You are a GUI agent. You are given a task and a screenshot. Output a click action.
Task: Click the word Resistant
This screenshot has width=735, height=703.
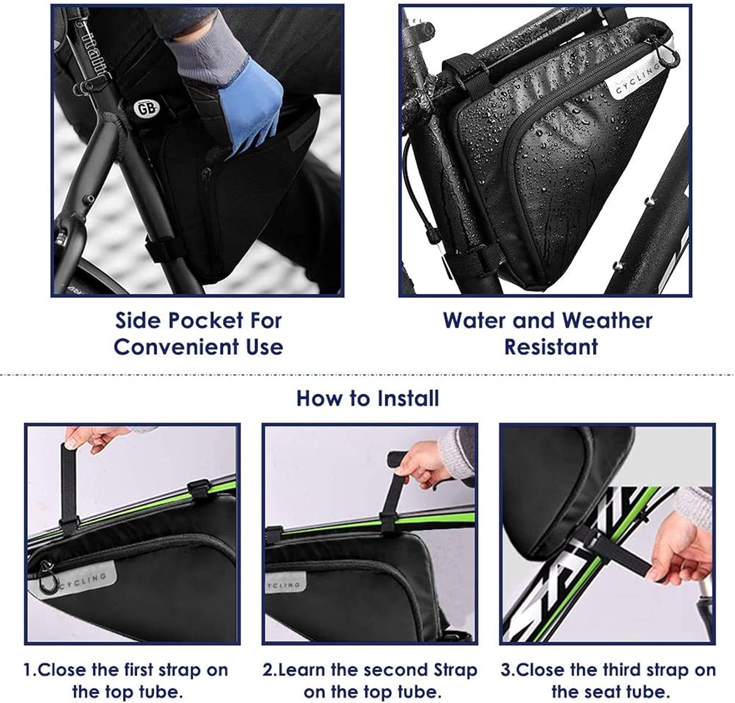(x=551, y=347)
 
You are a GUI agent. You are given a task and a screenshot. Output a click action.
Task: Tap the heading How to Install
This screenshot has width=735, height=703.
(x=367, y=398)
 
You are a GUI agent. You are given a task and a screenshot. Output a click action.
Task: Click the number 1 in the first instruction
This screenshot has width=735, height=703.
(x=28, y=670)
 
